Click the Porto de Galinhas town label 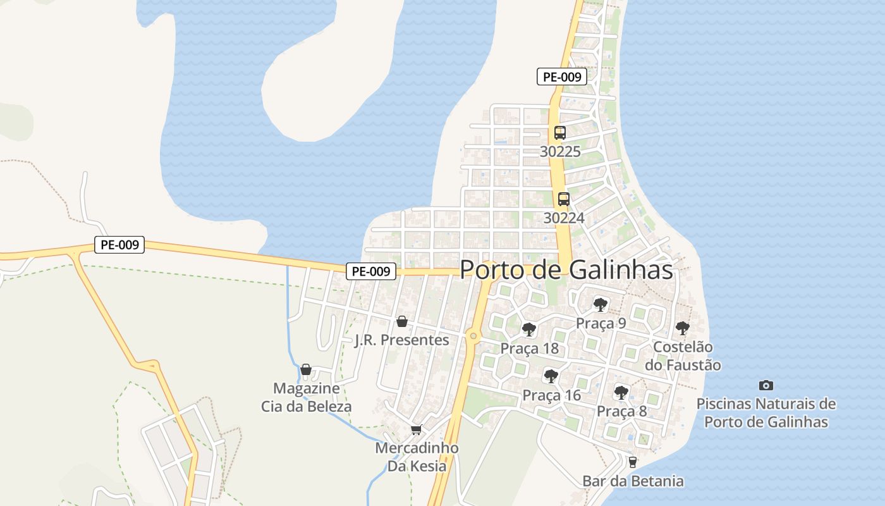coord(566,269)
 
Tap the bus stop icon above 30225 coord(560,133)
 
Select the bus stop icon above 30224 coord(563,199)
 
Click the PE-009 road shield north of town coord(562,77)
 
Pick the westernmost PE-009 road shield coord(119,245)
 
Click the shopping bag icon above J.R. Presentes coord(401,322)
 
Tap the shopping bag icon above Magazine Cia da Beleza coord(306,369)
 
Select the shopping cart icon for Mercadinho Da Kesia coord(416,430)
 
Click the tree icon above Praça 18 coord(529,330)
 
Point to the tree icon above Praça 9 coord(601,305)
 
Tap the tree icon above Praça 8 coord(621,393)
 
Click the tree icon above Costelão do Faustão coord(682,328)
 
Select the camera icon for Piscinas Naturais coord(766,385)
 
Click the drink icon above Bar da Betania coord(632,462)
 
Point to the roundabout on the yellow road coord(473,336)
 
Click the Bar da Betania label coord(633,481)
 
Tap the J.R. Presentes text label coord(401,340)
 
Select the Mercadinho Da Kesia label coord(417,457)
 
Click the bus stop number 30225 coord(560,152)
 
